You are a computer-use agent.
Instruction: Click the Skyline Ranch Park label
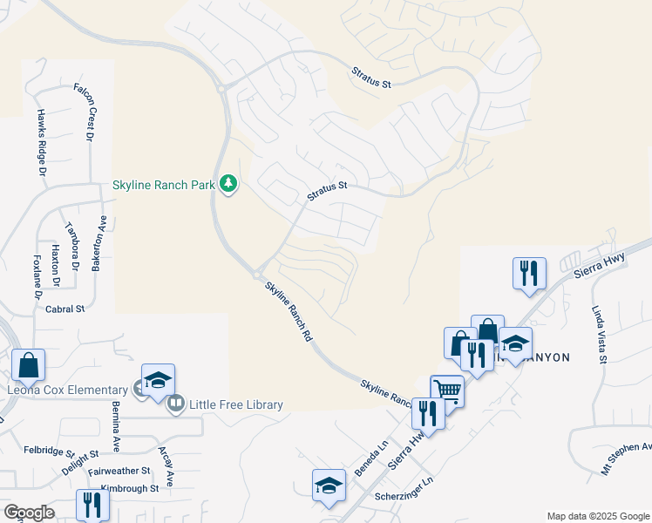coord(163,186)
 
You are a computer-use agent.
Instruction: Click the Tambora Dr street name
coord(72,241)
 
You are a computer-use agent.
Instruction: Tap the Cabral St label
coord(65,309)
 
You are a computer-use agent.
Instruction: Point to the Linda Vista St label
coord(600,334)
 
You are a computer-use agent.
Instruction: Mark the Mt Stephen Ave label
coord(626,458)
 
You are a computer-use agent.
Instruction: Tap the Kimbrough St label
coord(129,489)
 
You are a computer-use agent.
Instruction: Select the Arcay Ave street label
coord(166,466)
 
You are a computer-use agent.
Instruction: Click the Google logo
coord(28,513)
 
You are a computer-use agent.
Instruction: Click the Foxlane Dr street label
coord(38,276)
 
